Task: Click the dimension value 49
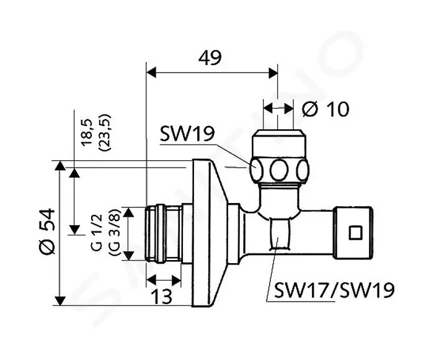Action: point(210,58)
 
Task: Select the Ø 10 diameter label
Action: point(325,109)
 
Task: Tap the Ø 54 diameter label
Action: point(47,231)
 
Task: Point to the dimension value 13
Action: point(162,296)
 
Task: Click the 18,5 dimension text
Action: point(87,132)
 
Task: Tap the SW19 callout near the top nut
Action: point(187,134)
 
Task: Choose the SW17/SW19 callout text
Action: point(334,290)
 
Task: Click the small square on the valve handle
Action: point(355,233)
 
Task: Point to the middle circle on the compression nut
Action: point(279,170)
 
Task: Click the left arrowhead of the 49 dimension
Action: point(151,73)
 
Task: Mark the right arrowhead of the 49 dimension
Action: point(272,73)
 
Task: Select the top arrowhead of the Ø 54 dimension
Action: point(60,166)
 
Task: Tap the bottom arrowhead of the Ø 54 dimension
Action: point(60,300)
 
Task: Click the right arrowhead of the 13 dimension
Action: point(176,281)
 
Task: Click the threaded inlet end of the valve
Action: point(163,233)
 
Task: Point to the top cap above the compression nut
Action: point(279,143)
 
